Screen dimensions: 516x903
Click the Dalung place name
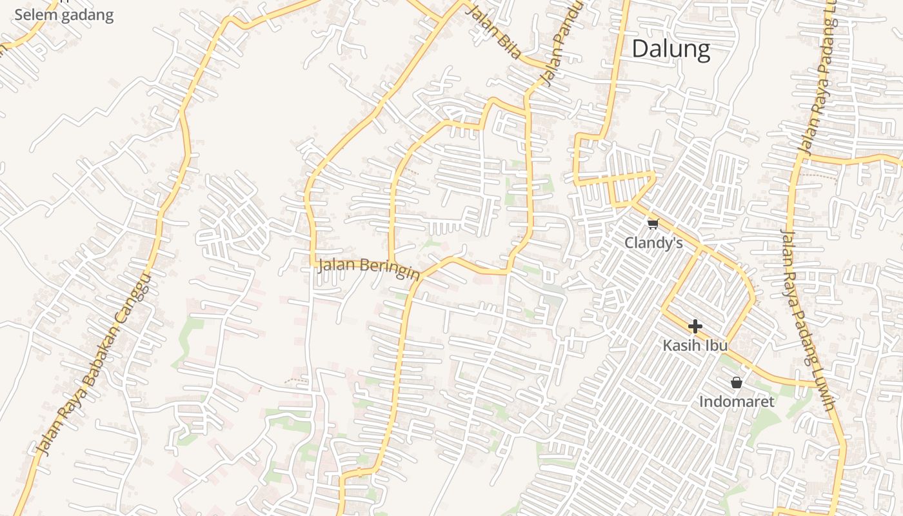coord(671,49)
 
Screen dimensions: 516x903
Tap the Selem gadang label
coord(64,15)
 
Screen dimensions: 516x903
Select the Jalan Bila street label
coord(493,32)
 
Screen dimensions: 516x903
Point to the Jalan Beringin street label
coord(368,268)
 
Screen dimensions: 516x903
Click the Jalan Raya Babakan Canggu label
coord(93,364)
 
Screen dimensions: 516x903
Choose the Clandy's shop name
coord(653,243)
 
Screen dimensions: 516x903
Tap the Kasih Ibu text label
coord(695,345)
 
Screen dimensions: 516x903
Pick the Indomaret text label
coord(737,401)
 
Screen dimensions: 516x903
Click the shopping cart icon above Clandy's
coord(653,224)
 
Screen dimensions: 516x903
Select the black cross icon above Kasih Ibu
coord(695,326)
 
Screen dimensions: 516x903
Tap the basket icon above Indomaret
coord(737,382)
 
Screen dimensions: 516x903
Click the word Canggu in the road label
coord(133,303)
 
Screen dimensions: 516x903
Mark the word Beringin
coord(390,270)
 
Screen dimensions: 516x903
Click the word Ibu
coord(715,345)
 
